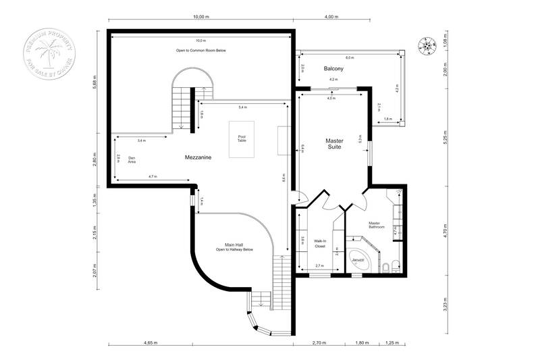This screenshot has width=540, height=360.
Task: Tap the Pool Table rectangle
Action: [x=242, y=140]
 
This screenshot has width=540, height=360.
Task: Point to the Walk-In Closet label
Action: [x=320, y=243]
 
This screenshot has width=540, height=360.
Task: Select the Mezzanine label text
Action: [x=198, y=157]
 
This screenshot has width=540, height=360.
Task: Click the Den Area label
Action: [x=132, y=160]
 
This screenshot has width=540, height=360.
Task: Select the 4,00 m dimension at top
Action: [x=331, y=16]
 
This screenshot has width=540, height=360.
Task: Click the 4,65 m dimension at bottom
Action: [x=149, y=343]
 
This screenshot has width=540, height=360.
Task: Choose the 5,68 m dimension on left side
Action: [x=96, y=81]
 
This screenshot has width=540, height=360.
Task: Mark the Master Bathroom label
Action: [x=377, y=224]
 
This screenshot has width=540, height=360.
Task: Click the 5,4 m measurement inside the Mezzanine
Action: [x=242, y=107]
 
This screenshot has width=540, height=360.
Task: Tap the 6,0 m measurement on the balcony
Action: [x=349, y=57]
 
